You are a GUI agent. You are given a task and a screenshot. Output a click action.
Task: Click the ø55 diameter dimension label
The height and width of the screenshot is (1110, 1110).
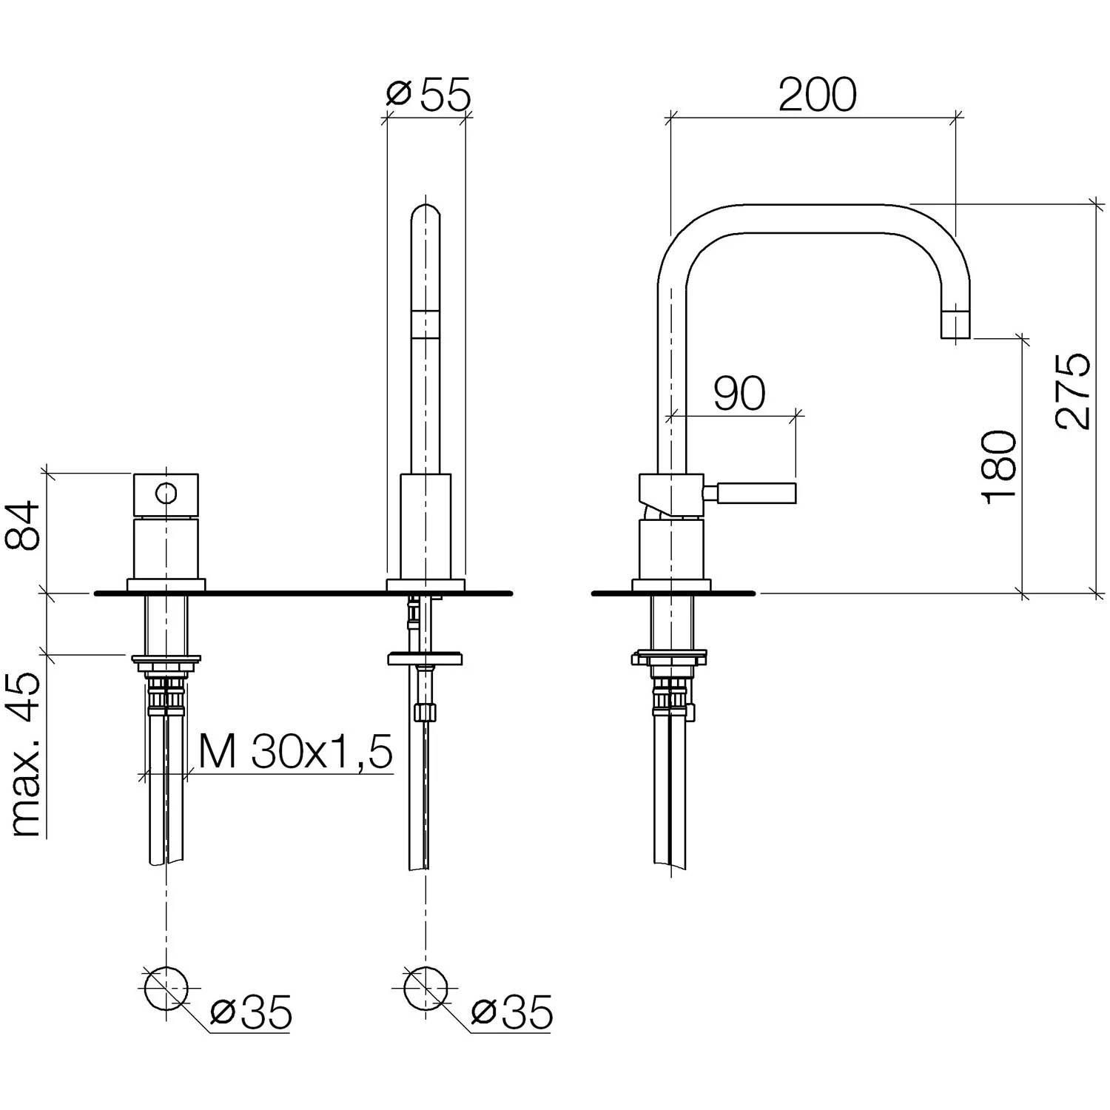(x=428, y=94)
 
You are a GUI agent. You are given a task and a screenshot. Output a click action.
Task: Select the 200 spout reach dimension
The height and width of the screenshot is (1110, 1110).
(x=817, y=94)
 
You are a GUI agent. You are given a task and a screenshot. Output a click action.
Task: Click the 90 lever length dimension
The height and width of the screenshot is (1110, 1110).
(x=739, y=394)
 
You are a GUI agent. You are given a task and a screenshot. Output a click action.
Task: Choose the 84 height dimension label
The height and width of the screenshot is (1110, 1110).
(x=23, y=525)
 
